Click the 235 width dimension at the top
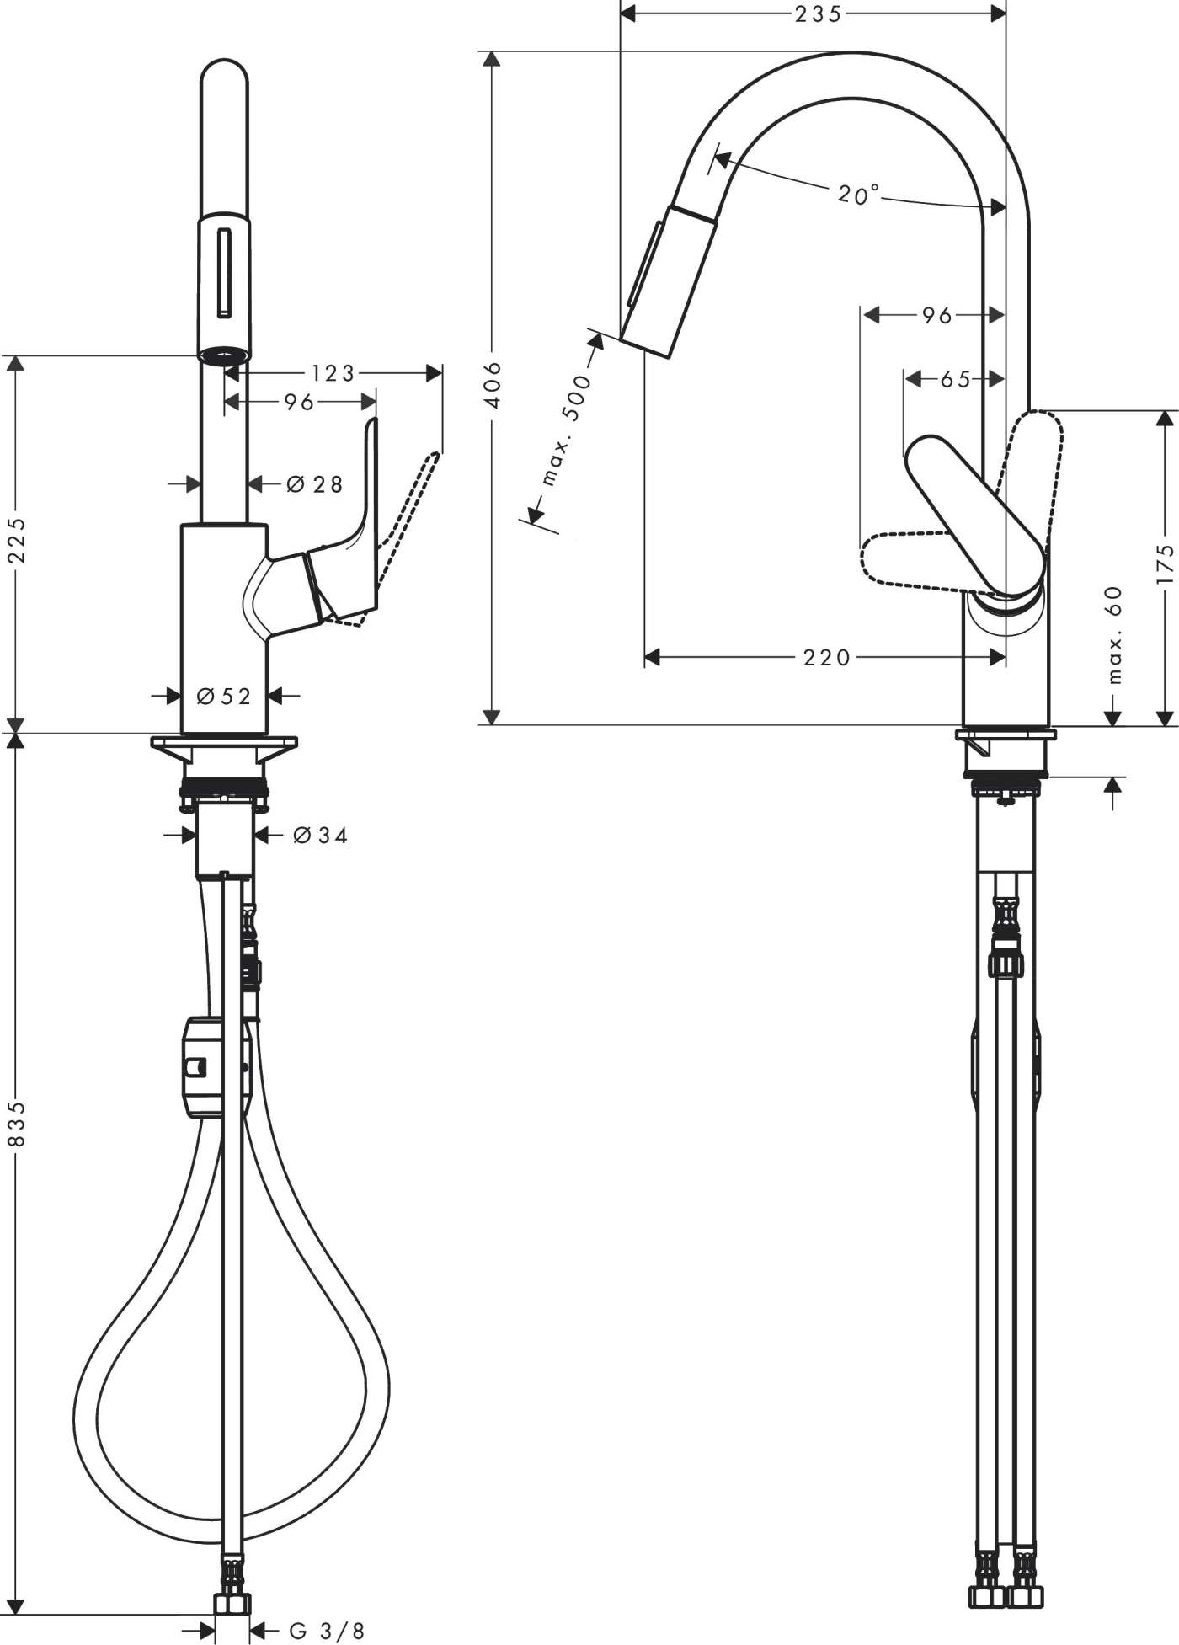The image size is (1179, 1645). (x=817, y=13)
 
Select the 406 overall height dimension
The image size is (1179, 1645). (x=494, y=385)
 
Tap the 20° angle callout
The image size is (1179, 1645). (x=856, y=195)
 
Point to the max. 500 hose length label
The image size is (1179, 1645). (x=566, y=431)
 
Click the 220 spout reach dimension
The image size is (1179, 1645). (x=826, y=657)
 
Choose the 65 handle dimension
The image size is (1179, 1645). (x=955, y=379)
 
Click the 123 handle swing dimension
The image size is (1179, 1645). (x=333, y=372)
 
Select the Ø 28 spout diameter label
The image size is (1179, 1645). (x=315, y=484)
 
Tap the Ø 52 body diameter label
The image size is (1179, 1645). (x=224, y=696)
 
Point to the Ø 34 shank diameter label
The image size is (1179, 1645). (x=320, y=835)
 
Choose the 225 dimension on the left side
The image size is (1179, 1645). (x=17, y=540)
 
